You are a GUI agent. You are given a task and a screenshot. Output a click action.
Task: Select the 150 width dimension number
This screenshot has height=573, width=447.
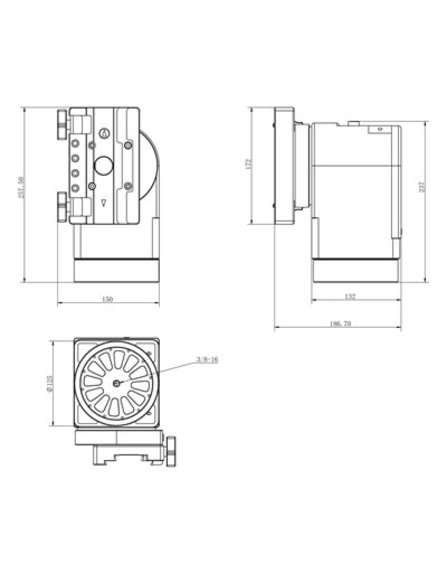pyautogui.click(x=107, y=299)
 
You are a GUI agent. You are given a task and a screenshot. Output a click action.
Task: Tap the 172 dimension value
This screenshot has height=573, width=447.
pyautogui.click(x=249, y=164)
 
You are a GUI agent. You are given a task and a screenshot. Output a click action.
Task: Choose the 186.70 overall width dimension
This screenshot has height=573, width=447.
pyautogui.click(x=340, y=324)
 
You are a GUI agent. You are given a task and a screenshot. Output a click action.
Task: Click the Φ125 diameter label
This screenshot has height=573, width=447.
pyautogui.click(x=50, y=384)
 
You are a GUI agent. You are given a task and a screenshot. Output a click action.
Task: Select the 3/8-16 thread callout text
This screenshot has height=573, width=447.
pyautogui.click(x=207, y=360)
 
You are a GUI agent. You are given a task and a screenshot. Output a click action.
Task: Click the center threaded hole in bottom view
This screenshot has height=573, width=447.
pyautogui.click(x=117, y=384)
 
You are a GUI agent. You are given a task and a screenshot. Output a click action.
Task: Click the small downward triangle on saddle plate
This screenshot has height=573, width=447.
pyautogui.click(x=104, y=203)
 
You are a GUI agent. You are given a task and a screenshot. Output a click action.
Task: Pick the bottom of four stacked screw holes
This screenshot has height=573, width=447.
pyautogui.click(x=75, y=188)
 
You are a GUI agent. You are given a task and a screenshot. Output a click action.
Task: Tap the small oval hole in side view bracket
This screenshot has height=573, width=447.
pyautogui.click(x=379, y=129)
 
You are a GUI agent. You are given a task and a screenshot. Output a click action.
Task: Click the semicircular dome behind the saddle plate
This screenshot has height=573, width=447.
pyautogui.click(x=151, y=165)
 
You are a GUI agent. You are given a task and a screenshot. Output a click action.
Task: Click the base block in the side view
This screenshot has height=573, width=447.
pyautogui.click(x=355, y=271)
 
